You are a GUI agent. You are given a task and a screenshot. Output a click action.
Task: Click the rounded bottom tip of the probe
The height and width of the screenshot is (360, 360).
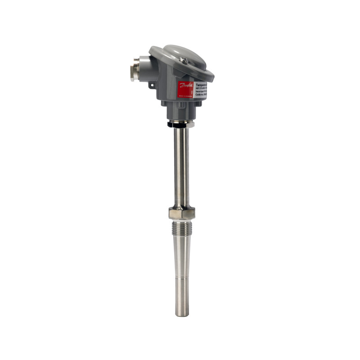click(182, 314)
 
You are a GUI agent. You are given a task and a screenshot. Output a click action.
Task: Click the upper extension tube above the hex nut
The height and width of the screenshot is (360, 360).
click(181, 166)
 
